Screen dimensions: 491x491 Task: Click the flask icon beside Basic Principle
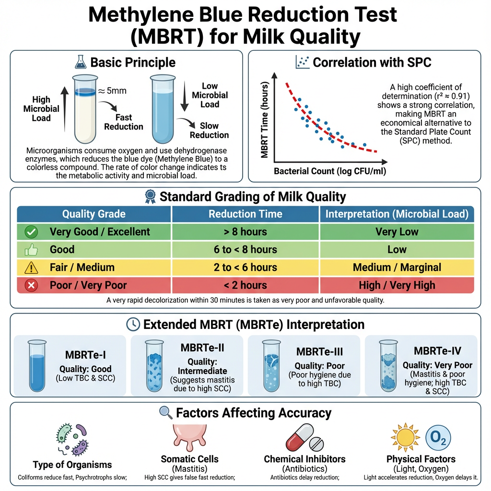[x=81, y=62]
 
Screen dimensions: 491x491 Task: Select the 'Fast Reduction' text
[x=123, y=122]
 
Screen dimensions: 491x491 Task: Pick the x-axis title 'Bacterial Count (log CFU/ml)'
[x=330, y=171]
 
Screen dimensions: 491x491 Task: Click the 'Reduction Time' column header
[x=245, y=214]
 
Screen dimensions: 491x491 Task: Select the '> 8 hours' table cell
[x=245, y=232]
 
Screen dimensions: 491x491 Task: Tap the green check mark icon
[x=32, y=232]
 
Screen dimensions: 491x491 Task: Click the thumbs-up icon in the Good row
[x=32, y=250]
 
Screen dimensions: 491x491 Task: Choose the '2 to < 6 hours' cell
[x=245, y=267]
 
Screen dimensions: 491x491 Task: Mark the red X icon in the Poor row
[x=32, y=285]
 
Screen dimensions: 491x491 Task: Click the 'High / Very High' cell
[x=397, y=285]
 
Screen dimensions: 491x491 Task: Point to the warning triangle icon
[x=32, y=267]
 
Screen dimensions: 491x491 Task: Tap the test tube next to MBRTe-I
[x=36, y=365]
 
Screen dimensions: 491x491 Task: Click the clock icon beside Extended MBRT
[x=133, y=325]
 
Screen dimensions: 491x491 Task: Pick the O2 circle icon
[x=438, y=438]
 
